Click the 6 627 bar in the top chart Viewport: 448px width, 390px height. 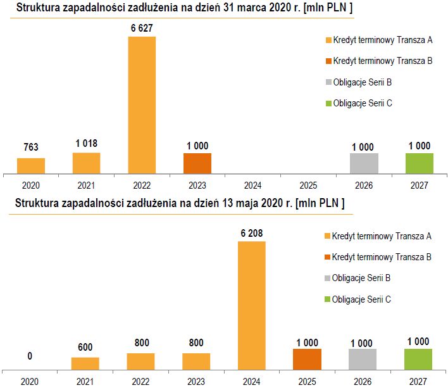click(x=142, y=104)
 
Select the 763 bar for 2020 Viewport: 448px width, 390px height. click(x=31, y=166)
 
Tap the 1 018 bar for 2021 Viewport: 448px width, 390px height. click(x=86, y=163)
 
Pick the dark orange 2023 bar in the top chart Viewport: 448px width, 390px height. click(x=197, y=163)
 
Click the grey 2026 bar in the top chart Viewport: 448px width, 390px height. click(x=364, y=163)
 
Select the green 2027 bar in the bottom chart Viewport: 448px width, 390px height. click(x=419, y=359)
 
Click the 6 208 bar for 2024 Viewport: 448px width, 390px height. click(x=252, y=305)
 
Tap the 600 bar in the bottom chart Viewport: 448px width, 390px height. click(x=85, y=363)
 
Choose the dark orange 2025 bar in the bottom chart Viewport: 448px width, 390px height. click(x=307, y=359)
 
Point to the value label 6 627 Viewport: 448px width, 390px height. click(x=142, y=28)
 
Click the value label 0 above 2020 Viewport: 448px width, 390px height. click(x=30, y=356)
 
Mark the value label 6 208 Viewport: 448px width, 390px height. click(x=252, y=233)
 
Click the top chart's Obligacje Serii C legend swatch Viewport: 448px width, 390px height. click(x=328, y=103)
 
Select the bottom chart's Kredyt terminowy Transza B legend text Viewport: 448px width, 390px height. click(x=382, y=257)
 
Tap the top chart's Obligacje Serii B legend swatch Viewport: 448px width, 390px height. click(x=328, y=82)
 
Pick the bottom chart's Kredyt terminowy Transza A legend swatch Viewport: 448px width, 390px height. click(x=327, y=236)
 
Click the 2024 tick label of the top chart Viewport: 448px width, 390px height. click(x=253, y=186)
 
